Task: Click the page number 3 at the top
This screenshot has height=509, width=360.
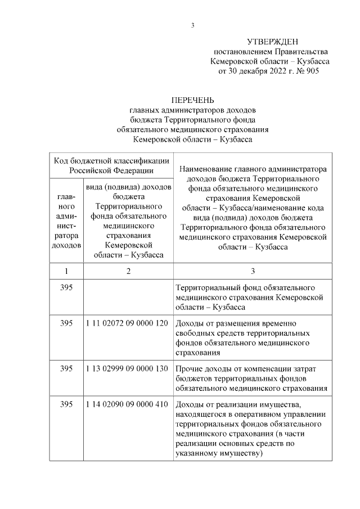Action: tap(192, 25)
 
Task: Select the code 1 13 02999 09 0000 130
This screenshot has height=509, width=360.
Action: tap(127, 368)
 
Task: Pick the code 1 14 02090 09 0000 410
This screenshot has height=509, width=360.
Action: tap(127, 404)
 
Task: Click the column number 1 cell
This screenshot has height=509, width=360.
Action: tap(66, 271)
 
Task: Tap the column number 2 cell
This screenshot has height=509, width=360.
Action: tap(129, 271)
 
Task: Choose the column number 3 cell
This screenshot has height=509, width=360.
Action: tap(253, 271)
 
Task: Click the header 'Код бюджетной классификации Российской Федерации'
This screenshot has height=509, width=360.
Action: tap(111, 165)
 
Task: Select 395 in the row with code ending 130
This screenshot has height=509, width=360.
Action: tap(66, 368)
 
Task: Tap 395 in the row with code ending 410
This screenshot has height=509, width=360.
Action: tap(66, 404)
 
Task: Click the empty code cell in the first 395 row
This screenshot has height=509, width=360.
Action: tap(129, 298)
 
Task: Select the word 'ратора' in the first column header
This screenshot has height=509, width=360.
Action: tap(66, 236)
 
